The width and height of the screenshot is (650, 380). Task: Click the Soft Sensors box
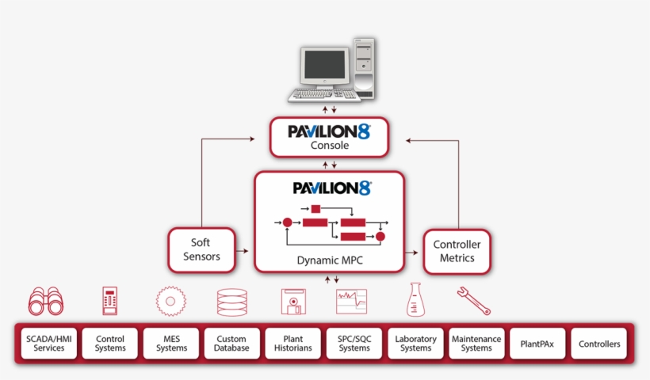[201, 250]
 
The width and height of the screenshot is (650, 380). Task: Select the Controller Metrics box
[457, 252]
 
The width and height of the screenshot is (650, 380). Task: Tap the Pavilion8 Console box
[329, 137]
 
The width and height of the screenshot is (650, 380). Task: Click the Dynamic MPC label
[329, 260]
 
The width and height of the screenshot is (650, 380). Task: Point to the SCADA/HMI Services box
[49, 344]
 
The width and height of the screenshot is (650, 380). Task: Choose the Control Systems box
[110, 344]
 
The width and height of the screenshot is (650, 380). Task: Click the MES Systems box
[171, 344]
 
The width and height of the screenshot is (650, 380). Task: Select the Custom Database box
[231, 344]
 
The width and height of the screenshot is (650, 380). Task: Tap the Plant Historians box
[292, 344]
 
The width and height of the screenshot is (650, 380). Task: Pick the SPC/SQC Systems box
[354, 344]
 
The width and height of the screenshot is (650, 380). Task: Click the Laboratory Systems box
[415, 344]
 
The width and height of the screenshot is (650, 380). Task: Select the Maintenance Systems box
[476, 344]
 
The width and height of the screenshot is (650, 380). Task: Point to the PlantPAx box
[537, 344]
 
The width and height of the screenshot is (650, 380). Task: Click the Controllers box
[599, 344]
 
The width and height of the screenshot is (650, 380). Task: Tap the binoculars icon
[47, 302]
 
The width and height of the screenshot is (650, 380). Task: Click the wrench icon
[473, 300]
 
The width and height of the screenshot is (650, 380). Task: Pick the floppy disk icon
[293, 302]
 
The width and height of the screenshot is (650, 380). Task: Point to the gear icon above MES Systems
[170, 302]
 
